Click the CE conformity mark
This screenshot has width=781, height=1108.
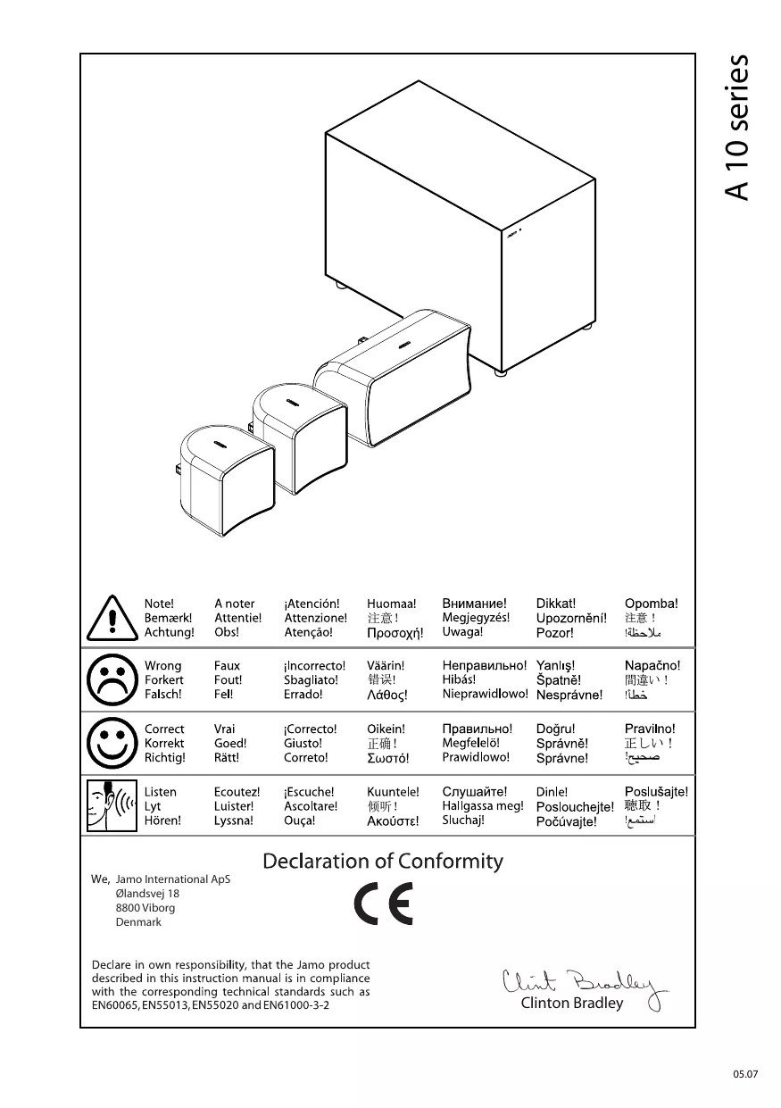click(x=384, y=907)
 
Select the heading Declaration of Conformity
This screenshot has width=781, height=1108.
click(x=382, y=862)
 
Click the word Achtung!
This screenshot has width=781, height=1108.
click(x=169, y=632)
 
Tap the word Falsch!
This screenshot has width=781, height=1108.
click(x=163, y=694)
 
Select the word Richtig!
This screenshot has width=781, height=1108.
click(x=165, y=757)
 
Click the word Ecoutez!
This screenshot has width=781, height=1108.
click(x=237, y=792)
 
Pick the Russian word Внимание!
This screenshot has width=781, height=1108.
click(x=474, y=604)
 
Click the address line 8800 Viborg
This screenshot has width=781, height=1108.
click(x=145, y=907)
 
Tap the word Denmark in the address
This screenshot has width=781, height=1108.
click(x=138, y=922)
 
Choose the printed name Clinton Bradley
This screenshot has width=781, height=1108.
click(x=572, y=1003)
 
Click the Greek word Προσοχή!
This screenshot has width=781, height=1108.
click(x=395, y=633)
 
